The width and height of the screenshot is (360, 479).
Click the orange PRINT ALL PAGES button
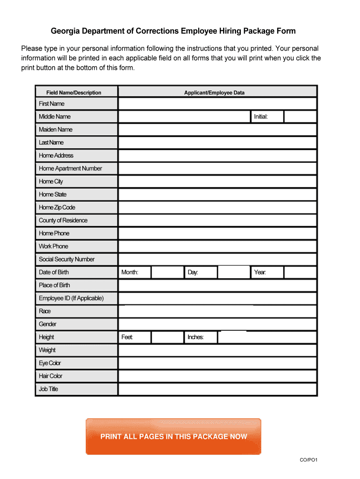point(173,436)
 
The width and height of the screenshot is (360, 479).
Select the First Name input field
point(217,104)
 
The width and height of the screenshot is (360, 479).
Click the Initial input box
point(300,116)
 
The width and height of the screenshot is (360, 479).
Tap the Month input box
point(167,272)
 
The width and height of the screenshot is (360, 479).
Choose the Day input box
point(234,272)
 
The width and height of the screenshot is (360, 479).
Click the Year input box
point(300,272)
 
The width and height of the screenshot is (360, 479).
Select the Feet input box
point(167,337)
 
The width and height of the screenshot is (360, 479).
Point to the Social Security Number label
point(67,259)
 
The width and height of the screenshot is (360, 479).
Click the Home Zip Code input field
point(217,208)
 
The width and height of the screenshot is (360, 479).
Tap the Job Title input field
point(217,389)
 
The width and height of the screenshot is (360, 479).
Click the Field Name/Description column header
point(74,93)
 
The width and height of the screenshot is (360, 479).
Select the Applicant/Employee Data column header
point(214,93)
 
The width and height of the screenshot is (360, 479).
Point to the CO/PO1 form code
point(309,460)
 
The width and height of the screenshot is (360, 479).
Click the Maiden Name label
point(56,130)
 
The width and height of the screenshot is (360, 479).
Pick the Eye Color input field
point(217,363)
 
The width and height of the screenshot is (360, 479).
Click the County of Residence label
point(63,220)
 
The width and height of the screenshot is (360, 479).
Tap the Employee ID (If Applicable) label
point(71,298)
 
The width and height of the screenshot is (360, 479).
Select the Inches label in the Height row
point(195,337)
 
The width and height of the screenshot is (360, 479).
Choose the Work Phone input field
point(217,247)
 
